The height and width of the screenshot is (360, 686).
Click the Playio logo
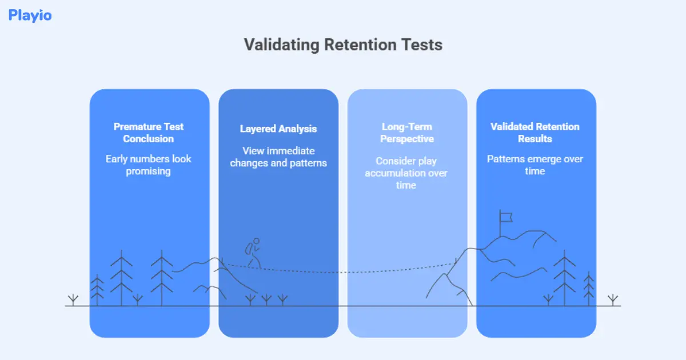[x=30, y=15]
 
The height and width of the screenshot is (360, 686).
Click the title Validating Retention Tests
[x=343, y=45]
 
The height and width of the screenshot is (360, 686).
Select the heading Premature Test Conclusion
[x=149, y=133]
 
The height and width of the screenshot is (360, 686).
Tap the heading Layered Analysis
[x=278, y=129]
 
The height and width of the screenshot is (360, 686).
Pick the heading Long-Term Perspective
[x=407, y=133]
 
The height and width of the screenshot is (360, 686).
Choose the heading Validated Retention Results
[x=535, y=133]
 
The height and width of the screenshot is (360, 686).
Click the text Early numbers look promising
[x=149, y=165]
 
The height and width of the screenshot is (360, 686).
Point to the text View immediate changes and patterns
[x=278, y=157]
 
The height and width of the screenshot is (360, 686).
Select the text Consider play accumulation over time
[x=406, y=173]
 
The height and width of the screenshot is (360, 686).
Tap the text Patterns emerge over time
[x=535, y=165]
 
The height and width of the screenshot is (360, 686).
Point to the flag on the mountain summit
[x=505, y=217]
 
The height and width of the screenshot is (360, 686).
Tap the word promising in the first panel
[x=149, y=171]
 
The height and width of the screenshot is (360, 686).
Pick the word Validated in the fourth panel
[x=512, y=127]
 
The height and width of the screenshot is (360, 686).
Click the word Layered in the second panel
[x=258, y=129]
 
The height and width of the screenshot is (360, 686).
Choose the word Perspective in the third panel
[x=407, y=139]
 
